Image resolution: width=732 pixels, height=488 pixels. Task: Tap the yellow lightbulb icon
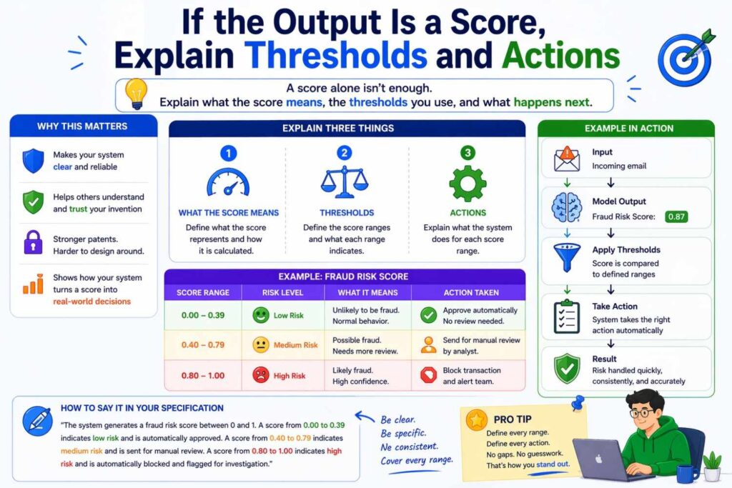(x=135, y=94)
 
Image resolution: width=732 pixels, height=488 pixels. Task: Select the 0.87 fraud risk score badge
(x=676, y=216)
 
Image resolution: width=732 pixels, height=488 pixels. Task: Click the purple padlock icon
(x=33, y=241)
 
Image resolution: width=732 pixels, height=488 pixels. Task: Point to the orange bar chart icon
(x=33, y=284)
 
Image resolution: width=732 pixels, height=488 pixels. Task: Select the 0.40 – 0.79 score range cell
(x=203, y=345)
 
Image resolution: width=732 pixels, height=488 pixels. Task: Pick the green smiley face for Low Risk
(x=261, y=315)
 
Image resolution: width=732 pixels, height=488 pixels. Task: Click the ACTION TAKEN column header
(x=470, y=292)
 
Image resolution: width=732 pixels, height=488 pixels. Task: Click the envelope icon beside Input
(x=567, y=159)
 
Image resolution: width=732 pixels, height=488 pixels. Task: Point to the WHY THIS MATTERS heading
(x=83, y=126)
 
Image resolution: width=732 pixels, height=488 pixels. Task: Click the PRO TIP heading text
(x=513, y=419)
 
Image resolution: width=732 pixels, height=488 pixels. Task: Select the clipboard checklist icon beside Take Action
(x=567, y=316)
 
